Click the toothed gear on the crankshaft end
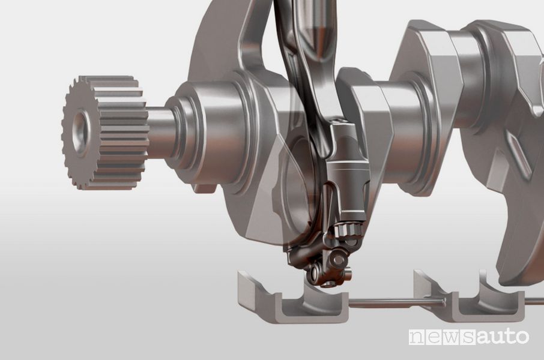pyautogui.click(x=104, y=132)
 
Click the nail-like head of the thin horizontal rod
pyautogui.click(x=444, y=302)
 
